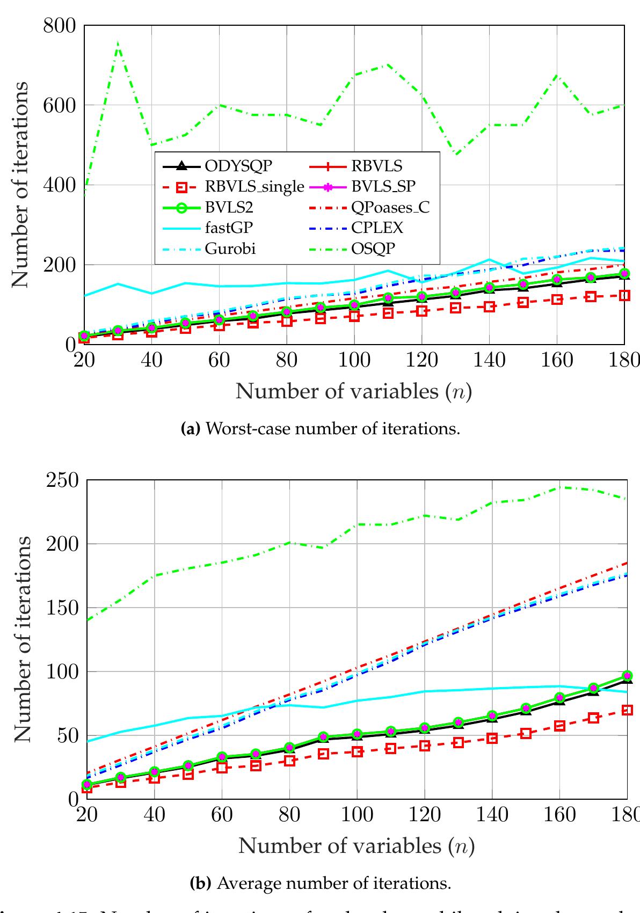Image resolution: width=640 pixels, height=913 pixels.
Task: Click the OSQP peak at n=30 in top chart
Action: pos(118,43)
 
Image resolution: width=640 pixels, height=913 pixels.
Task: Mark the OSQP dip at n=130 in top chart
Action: pos(456,155)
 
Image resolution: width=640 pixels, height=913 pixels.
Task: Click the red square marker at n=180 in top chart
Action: pos(623,295)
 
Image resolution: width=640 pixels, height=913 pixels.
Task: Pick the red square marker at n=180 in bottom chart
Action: pos(627,710)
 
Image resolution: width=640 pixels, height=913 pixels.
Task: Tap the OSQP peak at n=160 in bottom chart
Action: pos(559,487)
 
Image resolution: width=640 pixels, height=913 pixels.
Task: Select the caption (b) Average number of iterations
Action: pos(321,883)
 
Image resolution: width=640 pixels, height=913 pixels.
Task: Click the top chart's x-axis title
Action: pos(354,391)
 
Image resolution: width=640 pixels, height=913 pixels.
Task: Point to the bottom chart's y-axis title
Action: pos(21,639)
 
